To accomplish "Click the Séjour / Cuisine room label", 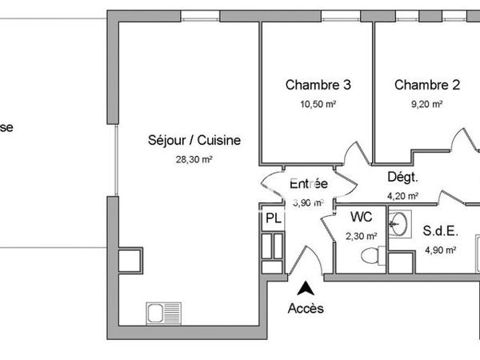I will coord(194,140).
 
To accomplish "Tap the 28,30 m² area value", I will coord(194,159).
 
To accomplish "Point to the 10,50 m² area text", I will coord(318,104).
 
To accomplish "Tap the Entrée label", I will coord(308,183).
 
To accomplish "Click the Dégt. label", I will coord(403,177).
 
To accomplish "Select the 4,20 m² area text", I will coord(402,195).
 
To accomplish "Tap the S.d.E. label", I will coord(439,231).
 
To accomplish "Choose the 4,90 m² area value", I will coord(439,250).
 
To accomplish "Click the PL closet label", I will coord(273,218).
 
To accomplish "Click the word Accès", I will coord(306,309).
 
